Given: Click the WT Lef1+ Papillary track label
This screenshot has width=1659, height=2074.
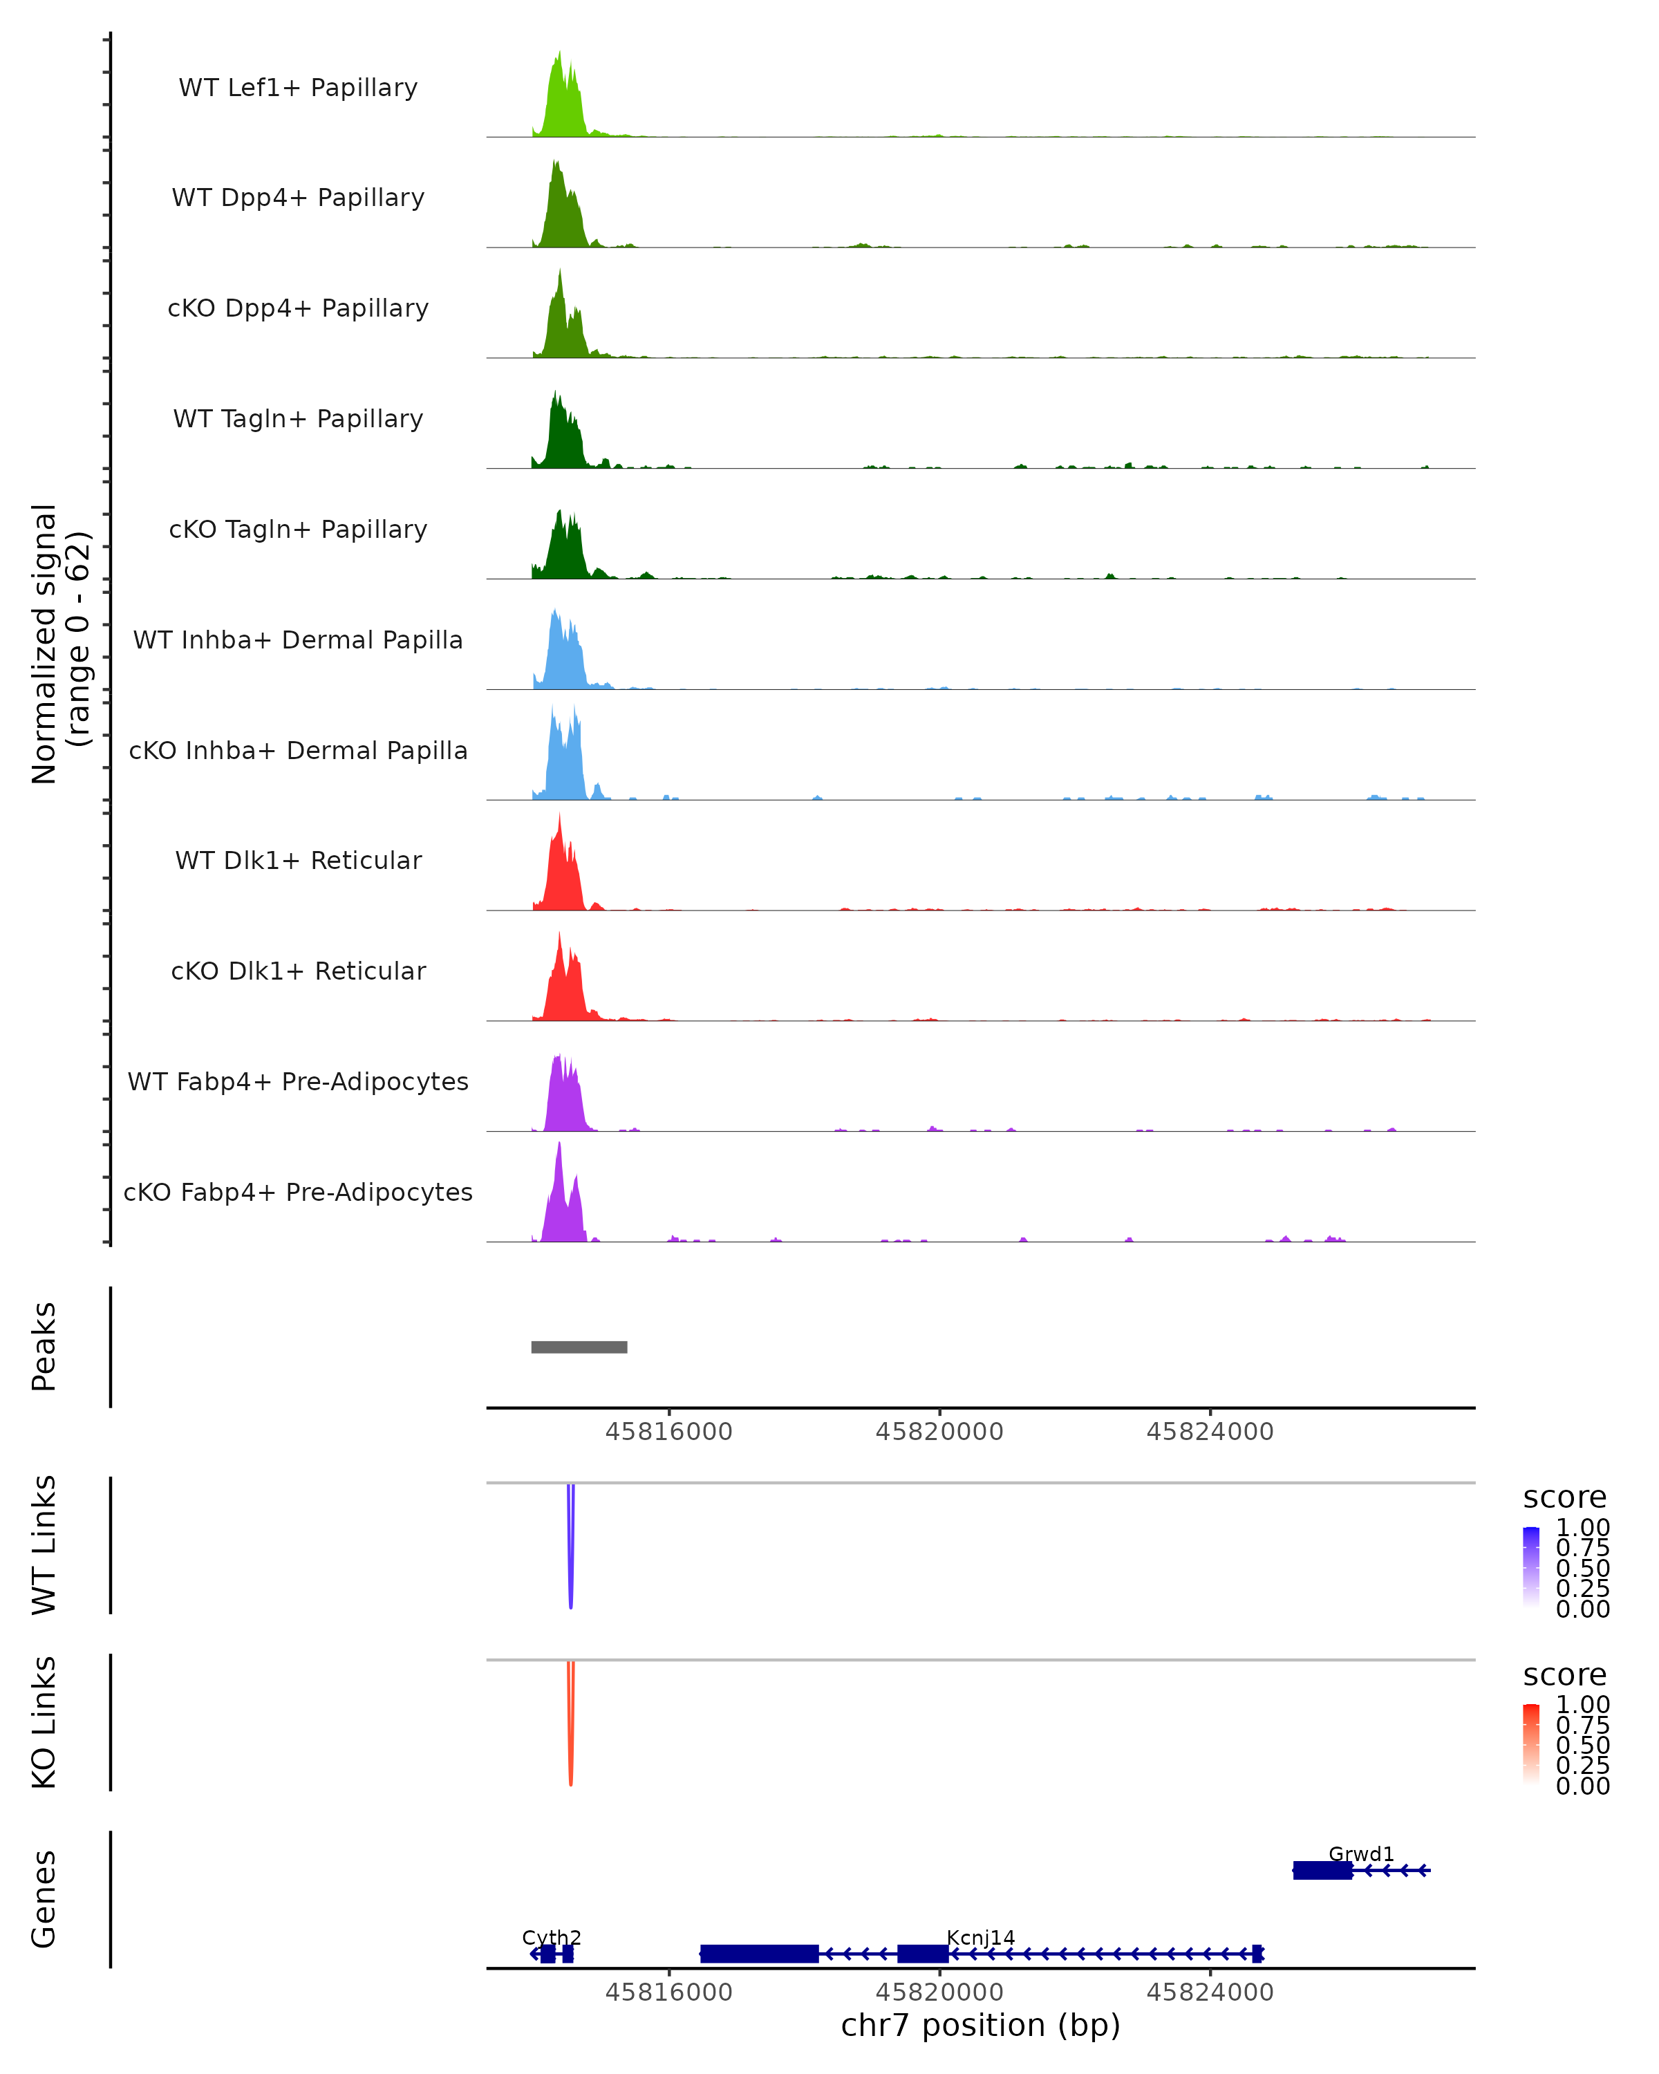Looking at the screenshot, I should [x=298, y=88].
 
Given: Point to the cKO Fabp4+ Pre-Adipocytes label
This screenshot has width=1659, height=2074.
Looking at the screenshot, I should [x=298, y=1192].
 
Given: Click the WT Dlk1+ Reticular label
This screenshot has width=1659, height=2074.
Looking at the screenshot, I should [x=298, y=860].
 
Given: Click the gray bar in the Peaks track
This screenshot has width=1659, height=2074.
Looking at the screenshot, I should [x=579, y=1347].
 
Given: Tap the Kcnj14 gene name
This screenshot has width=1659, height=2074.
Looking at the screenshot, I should [x=980, y=1937].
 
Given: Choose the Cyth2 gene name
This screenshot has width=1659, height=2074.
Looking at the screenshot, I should [x=551, y=1937].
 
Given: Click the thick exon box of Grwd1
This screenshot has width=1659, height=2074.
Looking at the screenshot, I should [x=1322, y=1870].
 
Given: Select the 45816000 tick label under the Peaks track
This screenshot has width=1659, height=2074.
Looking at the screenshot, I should [x=668, y=1432].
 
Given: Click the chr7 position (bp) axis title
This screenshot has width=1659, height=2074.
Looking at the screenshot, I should [x=980, y=2025].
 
